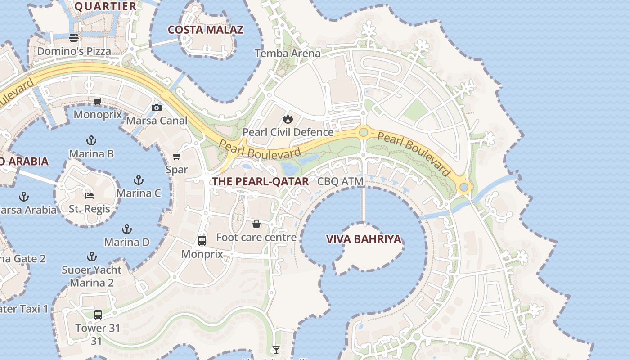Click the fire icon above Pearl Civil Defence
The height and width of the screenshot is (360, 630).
tap(288, 119)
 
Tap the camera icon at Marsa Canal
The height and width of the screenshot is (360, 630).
tap(157, 108)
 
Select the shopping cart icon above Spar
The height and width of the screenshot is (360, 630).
tap(177, 156)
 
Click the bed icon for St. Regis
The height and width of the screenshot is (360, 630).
tap(90, 195)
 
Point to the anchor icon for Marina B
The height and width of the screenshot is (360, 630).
tap(91, 140)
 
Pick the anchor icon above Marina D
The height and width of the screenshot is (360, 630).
tap(127, 229)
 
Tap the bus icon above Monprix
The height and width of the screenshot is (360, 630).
tap(202, 241)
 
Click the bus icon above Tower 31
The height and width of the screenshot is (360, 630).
tap(98, 315)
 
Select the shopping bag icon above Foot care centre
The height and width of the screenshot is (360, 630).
tap(256, 224)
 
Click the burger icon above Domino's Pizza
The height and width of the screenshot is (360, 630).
tap(74, 37)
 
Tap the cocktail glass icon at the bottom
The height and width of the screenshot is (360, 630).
tap(276, 350)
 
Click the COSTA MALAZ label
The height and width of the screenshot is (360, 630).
tap(206, 30)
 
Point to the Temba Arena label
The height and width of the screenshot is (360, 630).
tap(288, 54)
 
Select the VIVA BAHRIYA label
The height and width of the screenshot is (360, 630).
tap(364, 239)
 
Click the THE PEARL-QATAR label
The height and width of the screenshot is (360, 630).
tap(261, 182)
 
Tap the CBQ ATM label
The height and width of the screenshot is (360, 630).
tap(340, 182)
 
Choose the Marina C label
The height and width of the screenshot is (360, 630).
tap(139, 193)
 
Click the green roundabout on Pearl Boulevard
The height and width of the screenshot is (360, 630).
tap(364, 132)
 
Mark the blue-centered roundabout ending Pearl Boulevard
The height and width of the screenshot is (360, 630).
tap(463, 187)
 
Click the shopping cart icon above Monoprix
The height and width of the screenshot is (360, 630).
tap(97, 101)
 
